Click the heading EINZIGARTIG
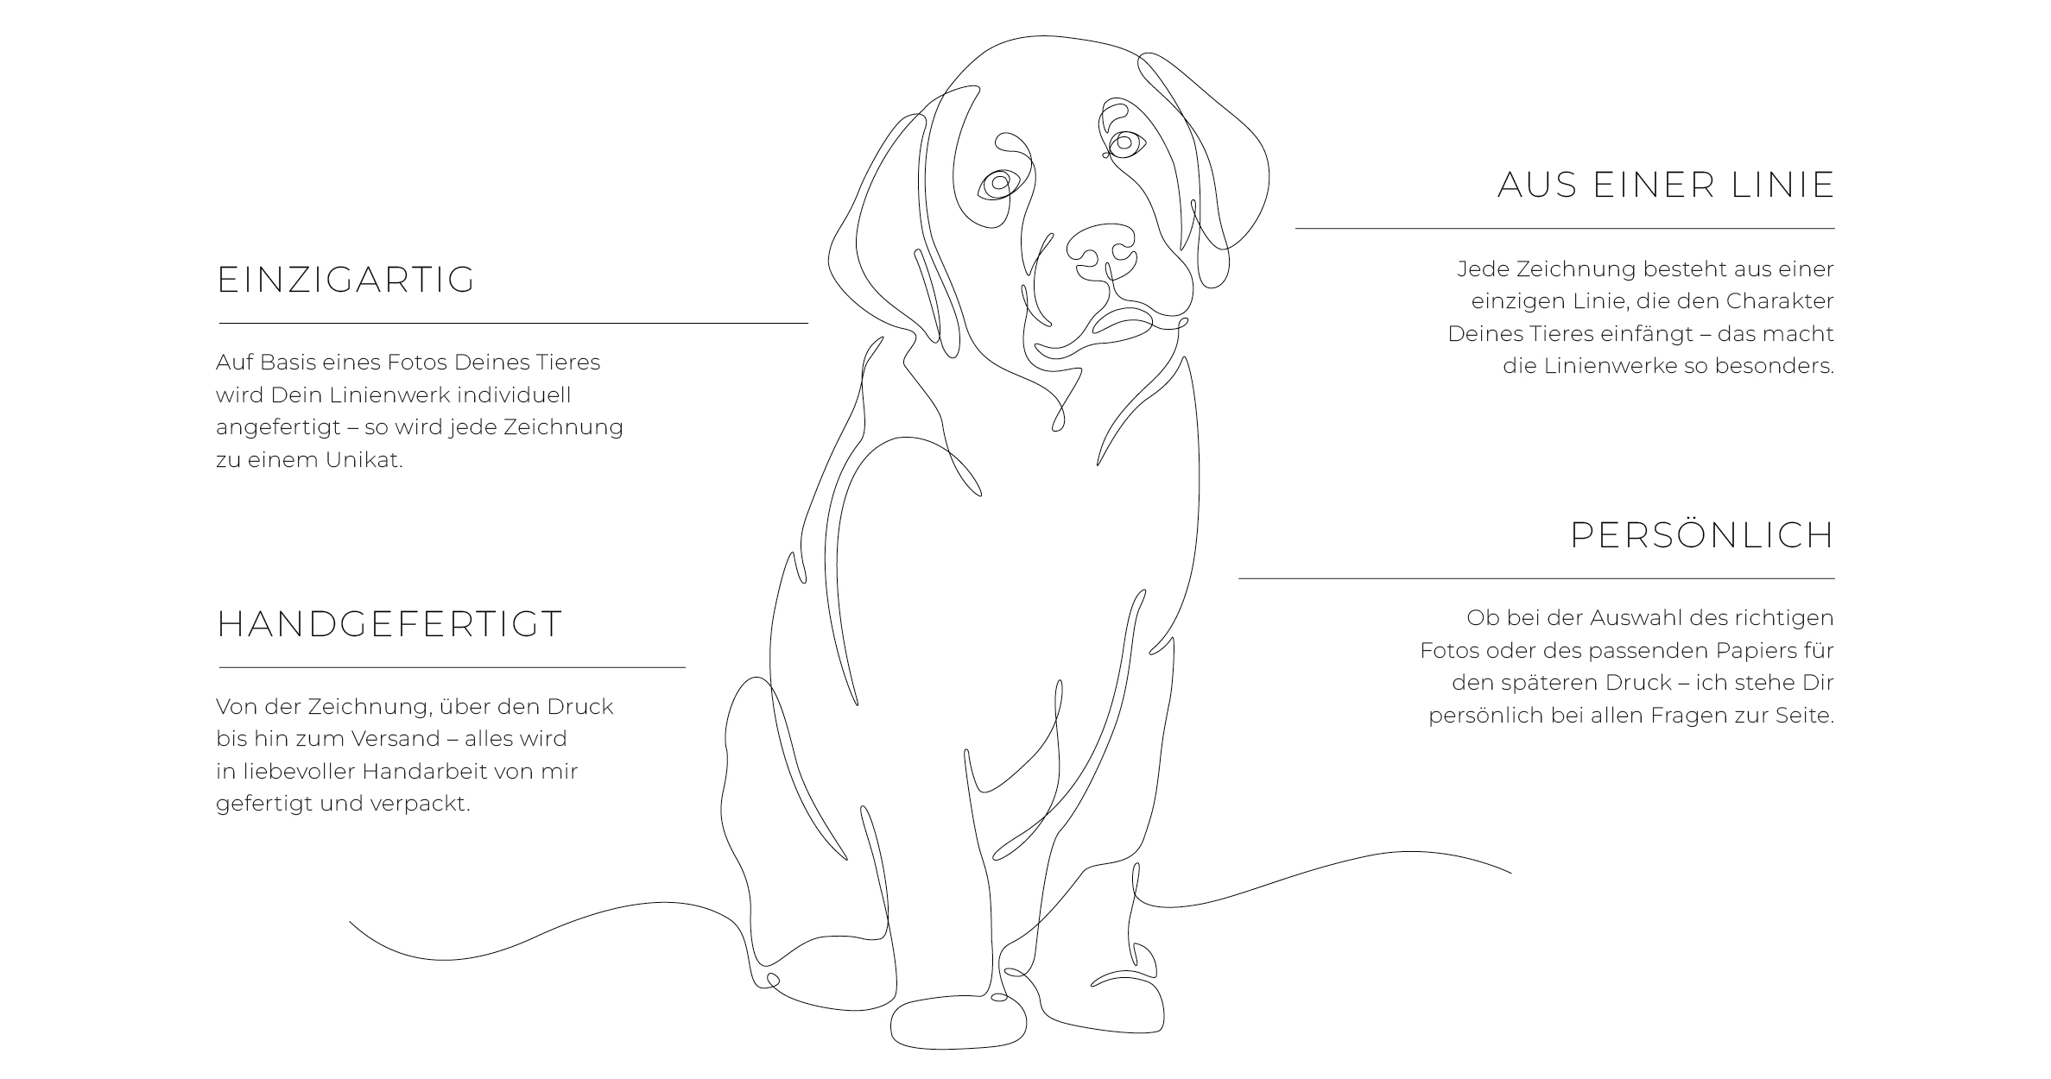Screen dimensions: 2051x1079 (x=345, y=280)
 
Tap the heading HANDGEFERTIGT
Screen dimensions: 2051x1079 (x=389, y=624)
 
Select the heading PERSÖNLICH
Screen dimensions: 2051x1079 (x=1701, y=535)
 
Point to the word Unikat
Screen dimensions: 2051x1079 (x=364, y=460)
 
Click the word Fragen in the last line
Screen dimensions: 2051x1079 (x=1693, y=716)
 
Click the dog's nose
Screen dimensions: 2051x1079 (x=1101, y=245)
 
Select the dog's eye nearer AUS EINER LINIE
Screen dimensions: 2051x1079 (x=1124, y=143)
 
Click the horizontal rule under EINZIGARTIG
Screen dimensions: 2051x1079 (x=513, y=324)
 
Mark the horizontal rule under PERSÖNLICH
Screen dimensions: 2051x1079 (x=1537, y=578)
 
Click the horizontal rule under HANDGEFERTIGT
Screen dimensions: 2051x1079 (x=452, y=667)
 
